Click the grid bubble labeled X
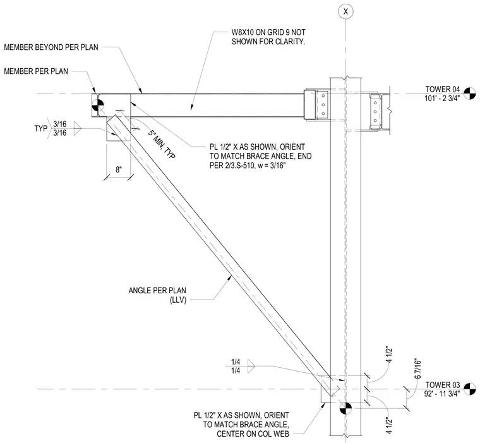coord(345,11)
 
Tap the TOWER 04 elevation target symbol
coord(470,93)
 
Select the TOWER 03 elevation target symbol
coord(470,389)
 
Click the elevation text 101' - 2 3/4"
coord(442,99)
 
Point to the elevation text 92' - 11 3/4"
coord(442,394)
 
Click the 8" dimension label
coord(119,169)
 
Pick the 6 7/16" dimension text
coord(417,368)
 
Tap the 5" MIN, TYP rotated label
coord(162,144)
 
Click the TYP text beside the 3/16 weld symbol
coord(40,128)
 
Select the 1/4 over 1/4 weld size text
coord(236,367)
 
